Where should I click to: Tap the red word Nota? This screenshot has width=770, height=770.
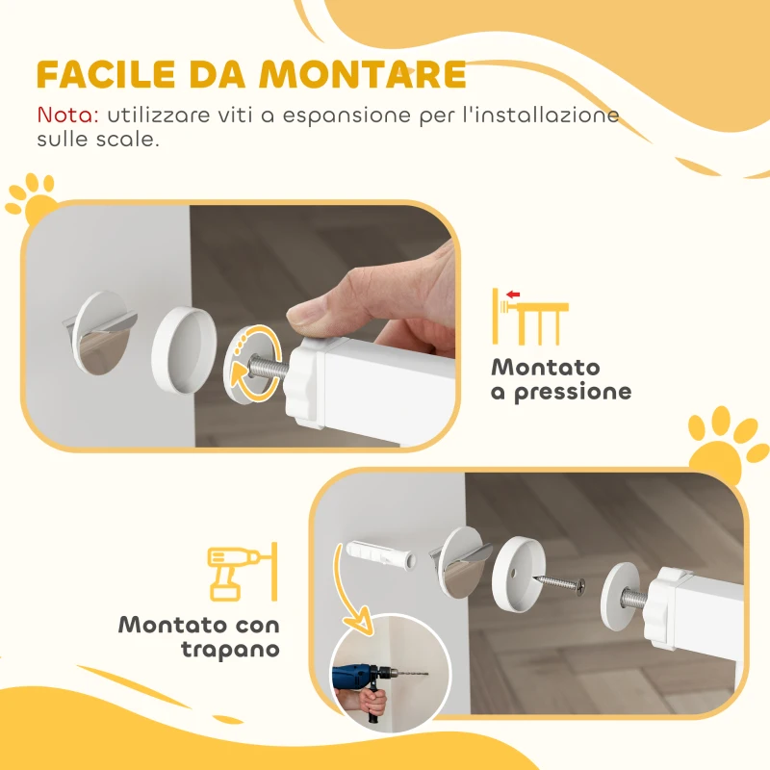[67, 115]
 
